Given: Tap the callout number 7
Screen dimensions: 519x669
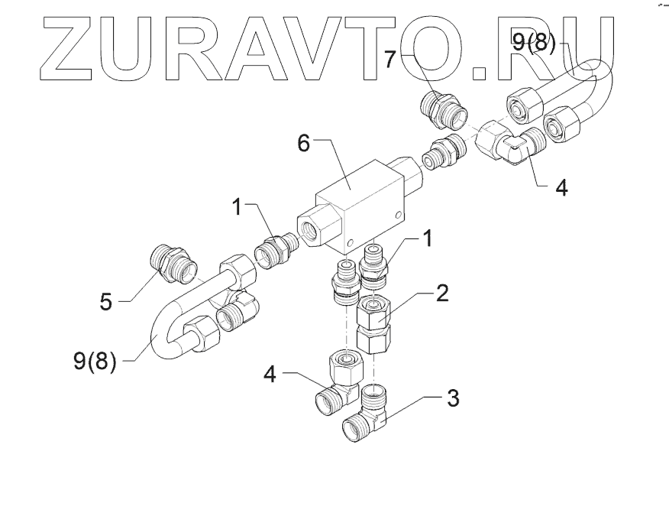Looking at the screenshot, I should click(391, 60).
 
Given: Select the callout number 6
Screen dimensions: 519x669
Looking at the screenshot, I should click(303, 143).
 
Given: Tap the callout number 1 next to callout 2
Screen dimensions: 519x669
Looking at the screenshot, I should click(428, 239).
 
